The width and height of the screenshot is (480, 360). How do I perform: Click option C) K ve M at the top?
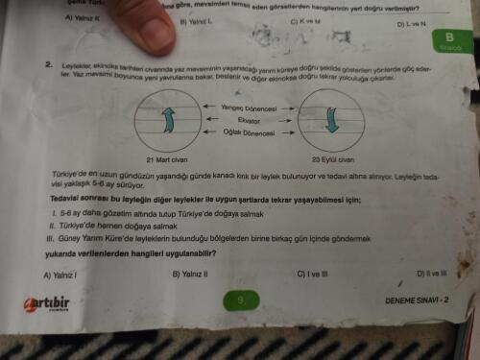click(x=310, y=19)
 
